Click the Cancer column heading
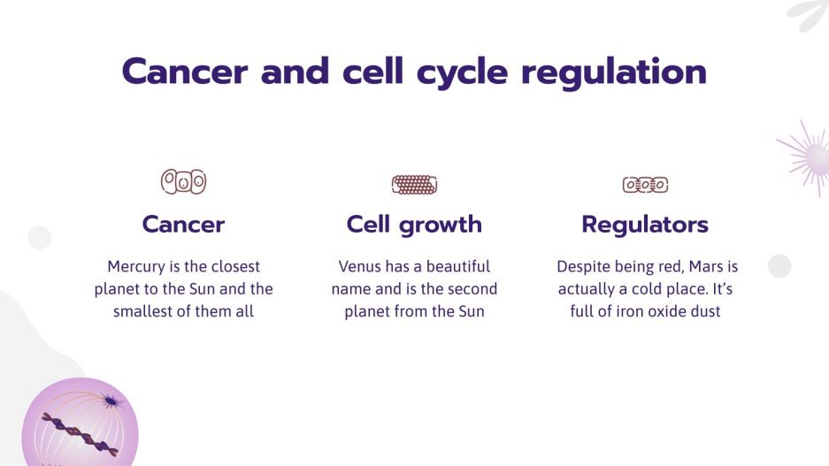coord(183,225)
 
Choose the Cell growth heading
coord(414,225)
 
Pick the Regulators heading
coord(645,225)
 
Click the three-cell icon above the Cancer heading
coord(183,182)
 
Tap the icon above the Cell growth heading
coord(414,184)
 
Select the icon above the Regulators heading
coord(645,185)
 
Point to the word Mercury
coord(137,266)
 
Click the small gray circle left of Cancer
coord(39,238)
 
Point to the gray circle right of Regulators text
coord(779,266)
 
